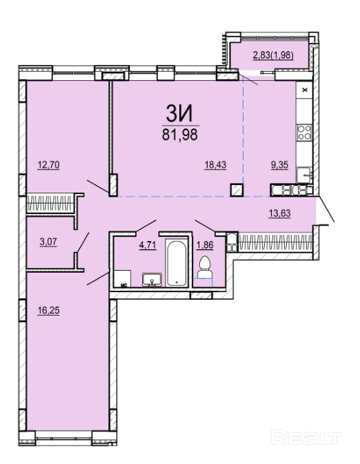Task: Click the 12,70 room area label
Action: pyautogui.click(x=48, y=164)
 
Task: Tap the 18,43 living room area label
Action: pyautogui.click(x=215, y=164)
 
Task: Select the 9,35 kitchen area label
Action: pyautogui.click(x=279, y=164)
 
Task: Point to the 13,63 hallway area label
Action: pyautogui.click(x=279, y=213)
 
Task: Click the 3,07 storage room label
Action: pyautogui.click(x=48, y=242)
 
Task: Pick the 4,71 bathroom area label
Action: pyautogui.click(x=148, y=245)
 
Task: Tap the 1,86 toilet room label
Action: pyautogui.click(x=205, y=245)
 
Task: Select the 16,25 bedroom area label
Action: pyautogui.click(x=48, y=311)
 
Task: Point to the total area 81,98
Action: pyautogui.click(x=180, y=135)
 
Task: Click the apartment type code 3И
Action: pyautogui.click(x=179, y=114)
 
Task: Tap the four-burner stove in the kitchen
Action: pyautogui.click(x=304, y=133)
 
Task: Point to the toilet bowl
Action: pyautogui.click(x=204, y=267)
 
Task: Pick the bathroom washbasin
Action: pyautogui.click(x=152, y=280)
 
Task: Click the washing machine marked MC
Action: pyautogui.click(x=123, y=278)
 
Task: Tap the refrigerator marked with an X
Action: pyautogui.click(x=304, y=90)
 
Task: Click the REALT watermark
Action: pyautogui.click(x=306, y=438)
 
